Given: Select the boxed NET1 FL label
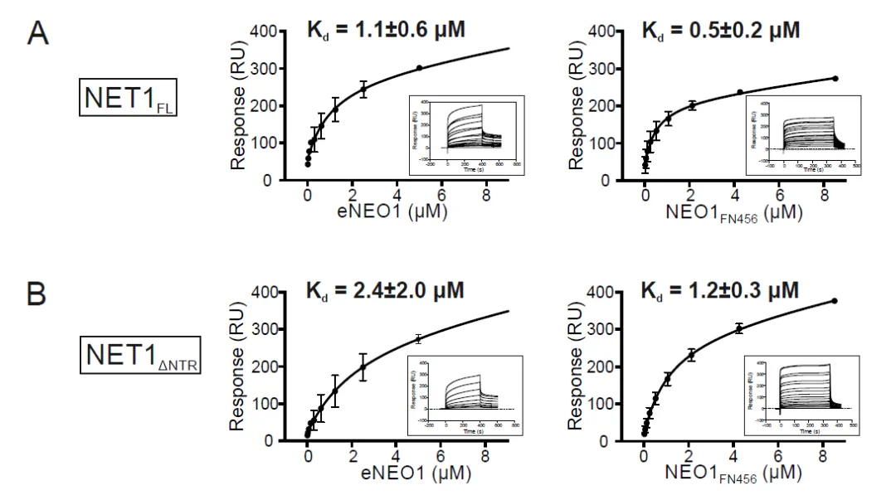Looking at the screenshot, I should tap(125, 100).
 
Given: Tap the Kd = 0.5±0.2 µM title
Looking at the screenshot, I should tap(721, 31).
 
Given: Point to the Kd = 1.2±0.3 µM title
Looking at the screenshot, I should tap(721, 291).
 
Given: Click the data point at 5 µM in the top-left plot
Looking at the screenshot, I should tap(419, 68).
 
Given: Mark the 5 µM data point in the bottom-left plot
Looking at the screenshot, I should tap(418, 338).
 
